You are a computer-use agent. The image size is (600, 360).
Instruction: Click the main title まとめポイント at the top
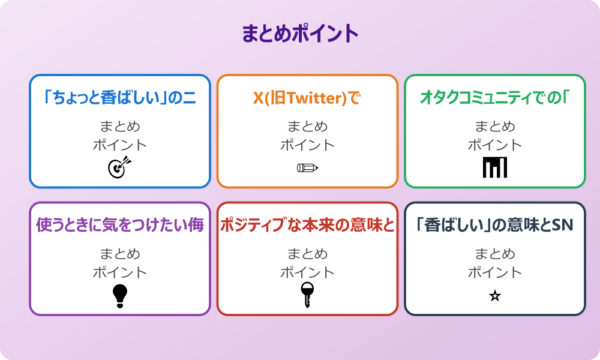[300, 34]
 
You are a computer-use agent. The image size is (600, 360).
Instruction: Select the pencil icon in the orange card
[307, 167]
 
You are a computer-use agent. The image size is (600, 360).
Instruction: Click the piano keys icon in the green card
[495, 167]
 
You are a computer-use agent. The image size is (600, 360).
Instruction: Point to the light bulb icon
[120, 295]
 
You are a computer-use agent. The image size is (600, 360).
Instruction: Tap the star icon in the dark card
[495, 296]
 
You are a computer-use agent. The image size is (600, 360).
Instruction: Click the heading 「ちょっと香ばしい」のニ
[120, 97]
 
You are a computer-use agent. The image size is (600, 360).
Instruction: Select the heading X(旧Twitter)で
[307, 97]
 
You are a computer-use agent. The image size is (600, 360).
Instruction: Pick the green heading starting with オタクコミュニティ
[495, 97]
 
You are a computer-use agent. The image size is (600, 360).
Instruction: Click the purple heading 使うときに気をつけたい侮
[120, 225]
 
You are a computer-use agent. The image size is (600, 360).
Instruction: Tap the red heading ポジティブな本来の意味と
[307, 225]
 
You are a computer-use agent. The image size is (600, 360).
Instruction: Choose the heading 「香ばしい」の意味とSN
[495, 225]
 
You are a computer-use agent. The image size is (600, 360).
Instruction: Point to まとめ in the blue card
[120, 127]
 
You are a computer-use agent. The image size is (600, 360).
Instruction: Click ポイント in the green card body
[495, 145]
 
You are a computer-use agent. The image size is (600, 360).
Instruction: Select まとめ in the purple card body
[120, 254]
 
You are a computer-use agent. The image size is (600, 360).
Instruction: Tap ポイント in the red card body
[307, 272]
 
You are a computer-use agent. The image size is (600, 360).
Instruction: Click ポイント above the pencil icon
[307, 145]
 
